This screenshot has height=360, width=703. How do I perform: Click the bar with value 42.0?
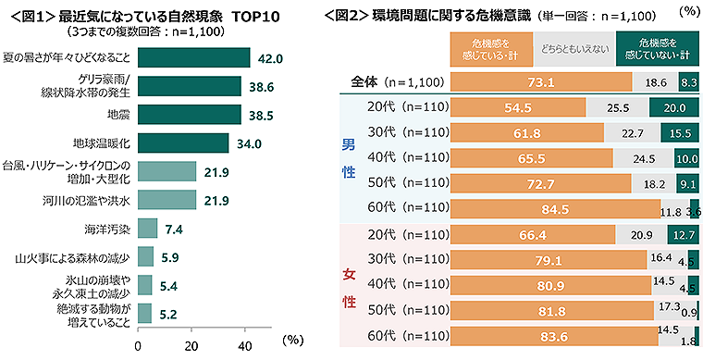click(x=193, y=57)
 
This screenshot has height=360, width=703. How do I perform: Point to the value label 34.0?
click(x=251, y=143)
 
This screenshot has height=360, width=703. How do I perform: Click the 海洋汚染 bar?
click(x=146, y=228)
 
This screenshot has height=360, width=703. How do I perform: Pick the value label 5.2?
click(x=168, y=314)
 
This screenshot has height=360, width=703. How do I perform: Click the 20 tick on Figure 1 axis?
click(x=191, y=345)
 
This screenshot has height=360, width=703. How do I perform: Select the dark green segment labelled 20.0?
click(x=674, y=107)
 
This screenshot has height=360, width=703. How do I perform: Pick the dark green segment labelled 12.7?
click(x=683, y=234)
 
